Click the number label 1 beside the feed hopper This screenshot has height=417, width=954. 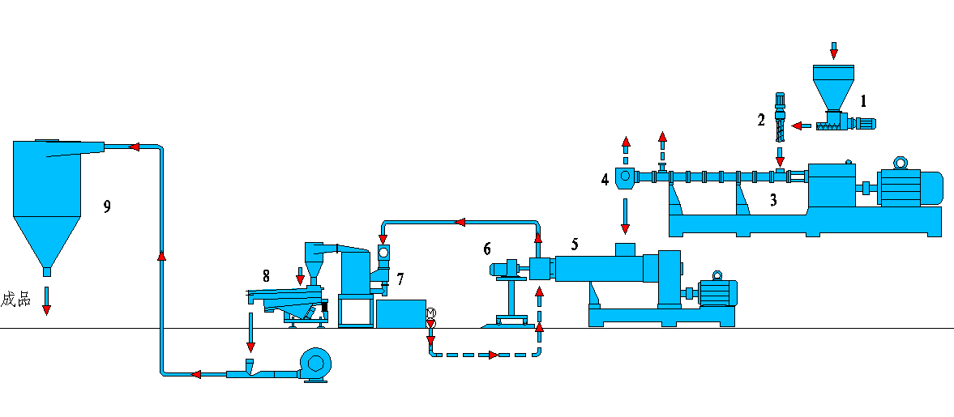(864, 101)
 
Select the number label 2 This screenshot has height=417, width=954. (761, 120)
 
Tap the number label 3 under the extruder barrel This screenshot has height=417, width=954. (773, 201)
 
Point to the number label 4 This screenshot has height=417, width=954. (605, 179)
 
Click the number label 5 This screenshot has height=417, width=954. (575, 243)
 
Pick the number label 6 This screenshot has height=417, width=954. (487, 248)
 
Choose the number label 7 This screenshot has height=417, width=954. (400, 279)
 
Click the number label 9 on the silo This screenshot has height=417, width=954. (107, 206)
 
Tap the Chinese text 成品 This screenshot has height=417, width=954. (15, 300)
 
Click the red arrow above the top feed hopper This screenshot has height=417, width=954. (834, 50)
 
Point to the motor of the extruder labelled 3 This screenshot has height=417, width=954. (909, 186)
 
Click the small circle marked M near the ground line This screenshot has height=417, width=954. (430, 313)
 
